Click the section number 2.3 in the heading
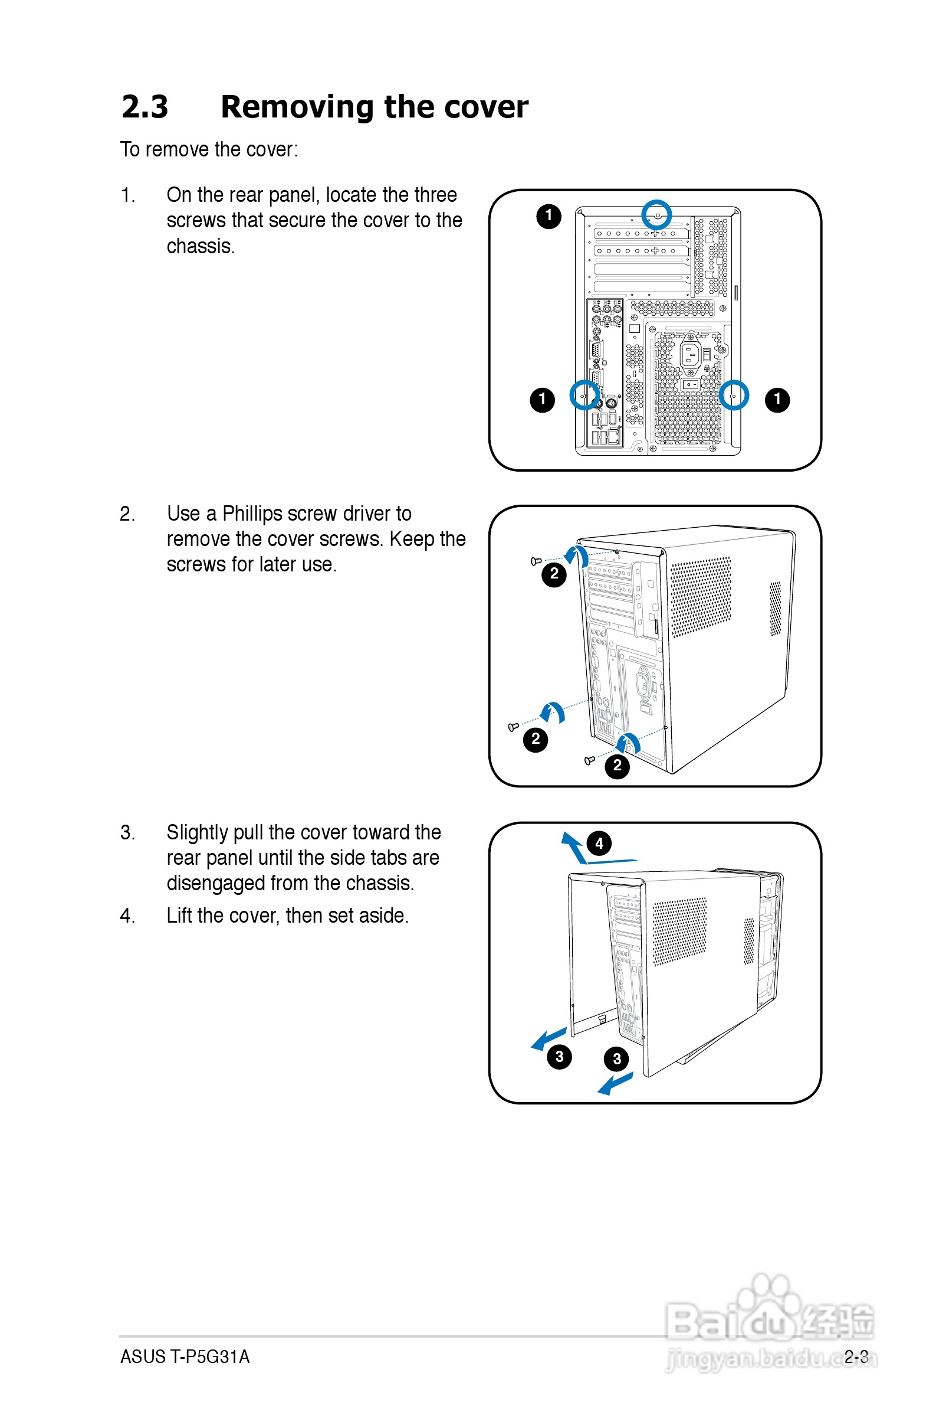(x=145, y=107)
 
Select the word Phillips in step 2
(x=252, y=514)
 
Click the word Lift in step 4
(x=179, y=915)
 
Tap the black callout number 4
(x=599, y=843)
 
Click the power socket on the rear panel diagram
(x=690, y=355)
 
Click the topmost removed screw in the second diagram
(x=536, y=561)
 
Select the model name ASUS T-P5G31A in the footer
(x=185, y=1356)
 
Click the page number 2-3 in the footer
(x=856, y=1356)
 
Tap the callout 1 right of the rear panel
(x=777, y=399)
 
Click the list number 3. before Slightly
(x=127, y=832)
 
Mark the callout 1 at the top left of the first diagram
(x=549, y=215)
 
